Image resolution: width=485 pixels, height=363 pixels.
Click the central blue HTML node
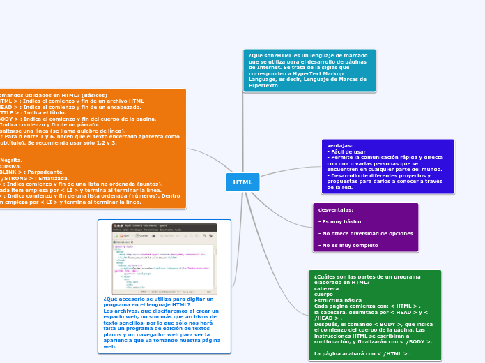(x=243, y=182)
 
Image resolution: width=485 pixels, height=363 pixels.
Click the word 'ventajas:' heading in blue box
(x=339, y=145)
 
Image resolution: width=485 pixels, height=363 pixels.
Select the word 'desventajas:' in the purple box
(x=337, y=209)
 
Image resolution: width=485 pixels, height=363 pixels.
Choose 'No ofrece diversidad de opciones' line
(x=365, y=233)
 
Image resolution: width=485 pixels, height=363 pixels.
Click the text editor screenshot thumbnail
(x=164, y=258)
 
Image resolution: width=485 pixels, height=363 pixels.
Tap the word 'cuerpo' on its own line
(x=323, y=294)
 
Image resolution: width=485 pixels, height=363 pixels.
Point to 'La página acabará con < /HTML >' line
(x=362, y=353)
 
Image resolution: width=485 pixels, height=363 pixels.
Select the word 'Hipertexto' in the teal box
(x=263, y=85)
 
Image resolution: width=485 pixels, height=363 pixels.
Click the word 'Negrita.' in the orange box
(x=11, y=160)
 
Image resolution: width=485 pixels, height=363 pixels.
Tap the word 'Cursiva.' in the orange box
(x=10, y=166)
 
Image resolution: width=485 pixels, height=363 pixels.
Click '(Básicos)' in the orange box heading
(x=91, y=95)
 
